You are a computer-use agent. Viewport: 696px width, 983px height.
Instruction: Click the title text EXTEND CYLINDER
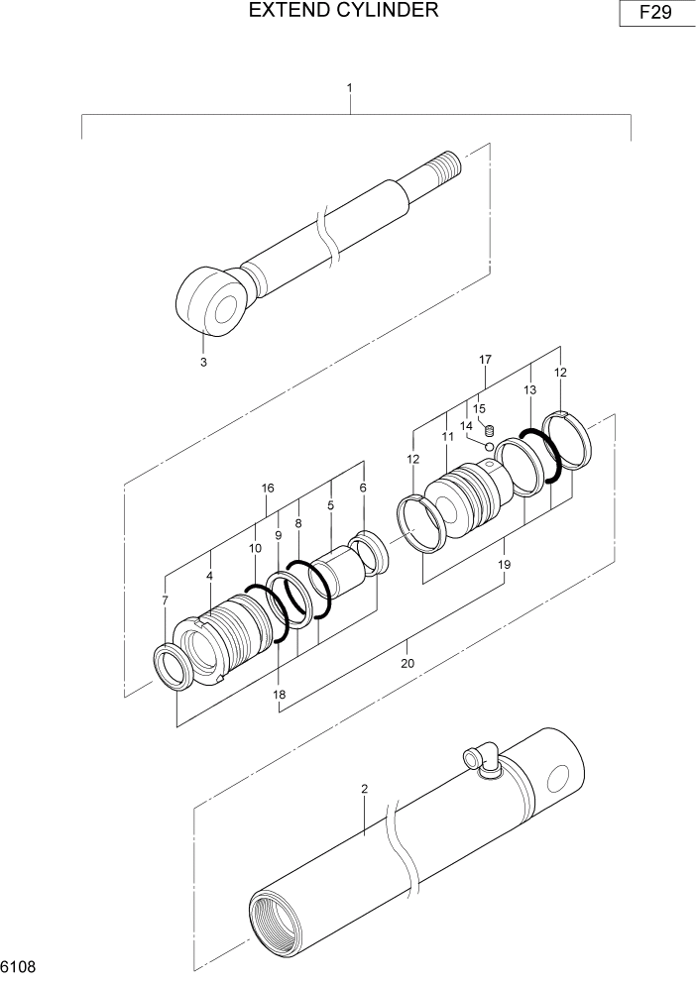tap(344, 11)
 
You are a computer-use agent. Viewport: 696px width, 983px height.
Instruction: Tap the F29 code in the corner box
tap(654, 15)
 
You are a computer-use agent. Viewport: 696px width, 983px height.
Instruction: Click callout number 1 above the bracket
tap(350, 88)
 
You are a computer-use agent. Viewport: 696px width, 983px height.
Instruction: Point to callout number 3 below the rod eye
tap(203, 363)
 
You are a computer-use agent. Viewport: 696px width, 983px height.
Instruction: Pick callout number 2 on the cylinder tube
tap(365, 790)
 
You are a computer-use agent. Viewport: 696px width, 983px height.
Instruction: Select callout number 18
tap(280, 695)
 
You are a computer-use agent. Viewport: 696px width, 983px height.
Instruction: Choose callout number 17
tap(486, 359)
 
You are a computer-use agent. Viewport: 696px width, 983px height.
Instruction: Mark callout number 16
tap(268, 488)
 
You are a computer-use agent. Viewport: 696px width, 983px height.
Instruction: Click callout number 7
tap(165, 601)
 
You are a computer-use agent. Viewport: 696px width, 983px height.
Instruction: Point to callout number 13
tap(529, 390)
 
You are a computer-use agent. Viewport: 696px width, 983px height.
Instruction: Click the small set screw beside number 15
tap(489, 429)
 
